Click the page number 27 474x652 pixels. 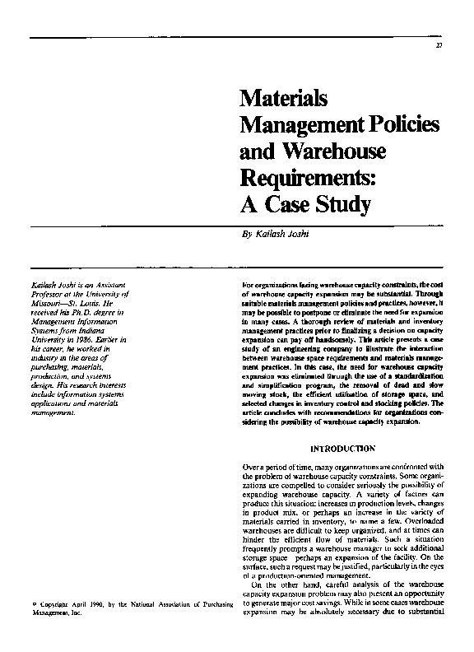click(x=440, y=44)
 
